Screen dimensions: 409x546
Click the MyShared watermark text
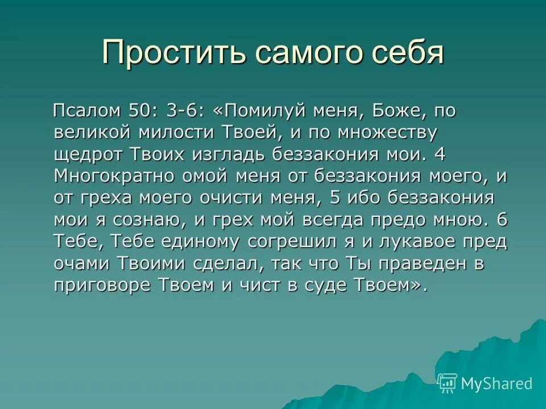point(496,383)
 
